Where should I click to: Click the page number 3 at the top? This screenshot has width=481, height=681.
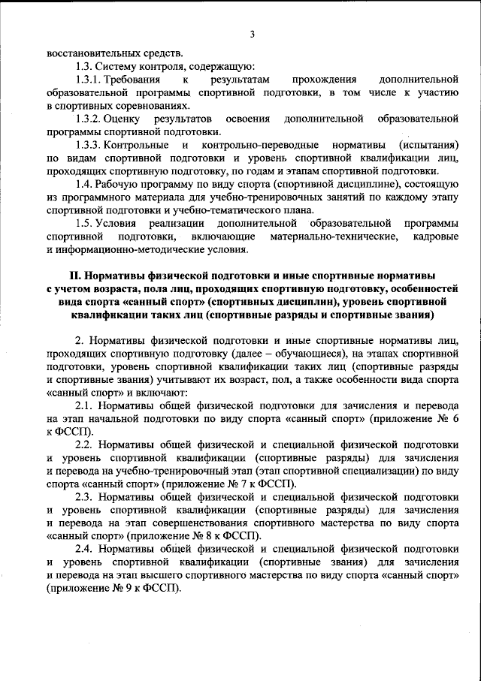pos(253,34)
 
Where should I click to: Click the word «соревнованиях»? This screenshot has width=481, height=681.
pos(145,106)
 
